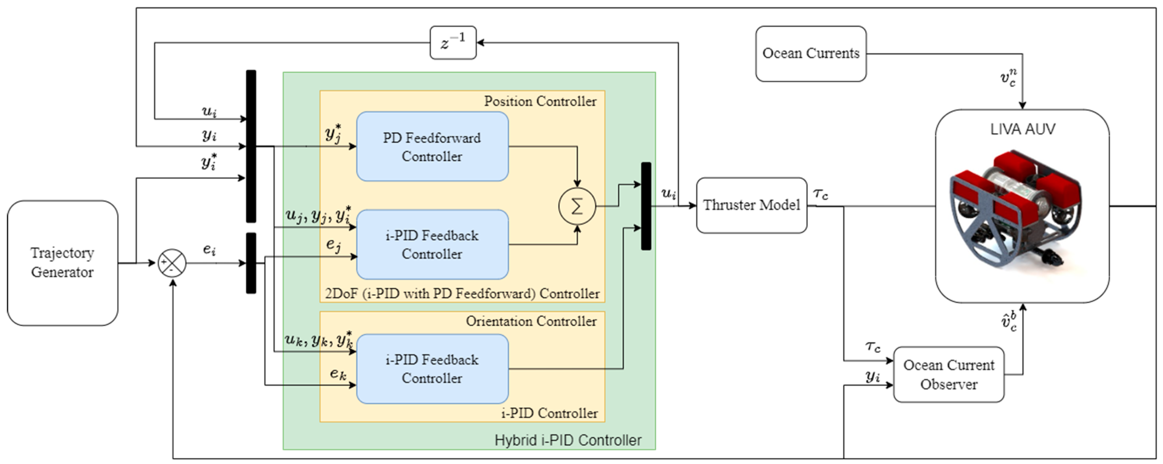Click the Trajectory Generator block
(62, 263)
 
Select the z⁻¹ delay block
(453, 43)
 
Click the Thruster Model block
(751, 205)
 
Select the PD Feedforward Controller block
(432, 147)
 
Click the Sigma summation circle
(577, 206)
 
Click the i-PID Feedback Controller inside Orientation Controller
(432, 369)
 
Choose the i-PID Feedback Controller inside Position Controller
(432, 245)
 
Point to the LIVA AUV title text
(1023, 130)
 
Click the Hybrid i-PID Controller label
(567, 440)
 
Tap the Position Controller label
(540, 102)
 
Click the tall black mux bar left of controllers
(251, 146)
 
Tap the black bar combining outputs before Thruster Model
(646, 206)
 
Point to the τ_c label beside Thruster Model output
(820, 194)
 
